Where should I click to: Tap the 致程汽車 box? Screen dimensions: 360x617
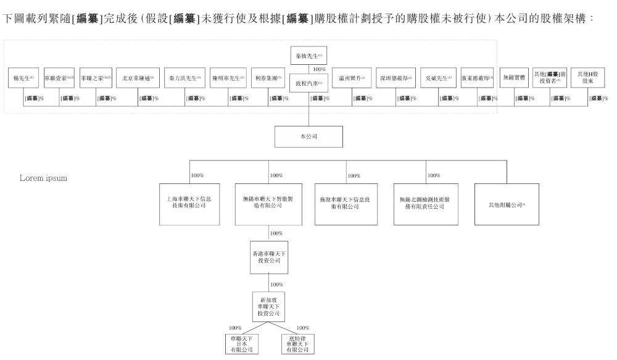(308, 82)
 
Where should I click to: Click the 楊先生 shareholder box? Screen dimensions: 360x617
(23, 78)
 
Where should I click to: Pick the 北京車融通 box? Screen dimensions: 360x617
(138, 78)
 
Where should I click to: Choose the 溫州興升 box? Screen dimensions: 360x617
(352, 78)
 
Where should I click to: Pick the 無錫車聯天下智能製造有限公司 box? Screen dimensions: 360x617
(268, 203)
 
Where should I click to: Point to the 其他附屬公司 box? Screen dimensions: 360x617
(506, 204)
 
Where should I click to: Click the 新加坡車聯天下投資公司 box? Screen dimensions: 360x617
(268, 305)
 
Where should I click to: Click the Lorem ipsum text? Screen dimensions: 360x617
(44, 178)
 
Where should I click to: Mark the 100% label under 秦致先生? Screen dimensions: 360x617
(319, 69)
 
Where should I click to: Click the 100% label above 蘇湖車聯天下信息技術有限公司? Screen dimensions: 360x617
(354, 176)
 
